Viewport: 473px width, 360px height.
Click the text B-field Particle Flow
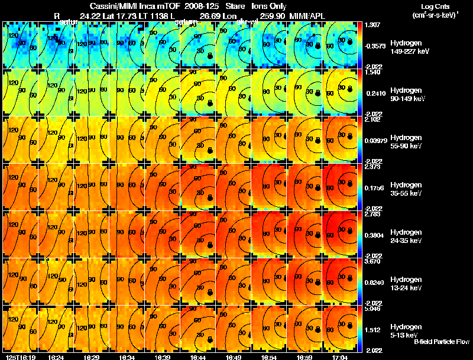click(x=441, y=342)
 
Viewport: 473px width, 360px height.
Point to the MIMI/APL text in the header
click(x=309, y=15)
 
